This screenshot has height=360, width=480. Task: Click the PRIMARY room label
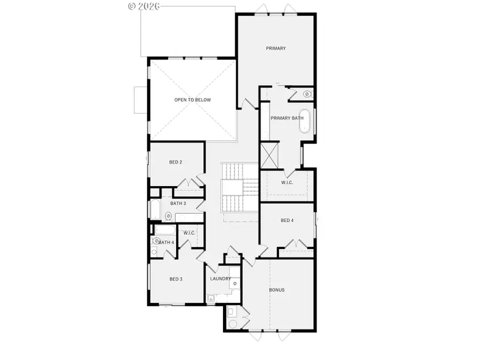pyautogui.click(x=276, y=49)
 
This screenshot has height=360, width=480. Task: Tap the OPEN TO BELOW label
pyautogui.click(x=193, y=100)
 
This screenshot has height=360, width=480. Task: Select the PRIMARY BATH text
pyautogui.click(x=287, y=118)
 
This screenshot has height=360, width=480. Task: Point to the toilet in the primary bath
pyautogui.click(x=307, y=94)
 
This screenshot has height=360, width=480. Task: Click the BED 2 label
pyautogui.click(x=176, y=162)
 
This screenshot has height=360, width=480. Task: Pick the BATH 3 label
pyautogui.click(x=178, y=203)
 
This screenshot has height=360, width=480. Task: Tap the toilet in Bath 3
pyautogui.click(x=168, y=217)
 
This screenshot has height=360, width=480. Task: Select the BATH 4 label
pyautogui.click(x=166, y=243)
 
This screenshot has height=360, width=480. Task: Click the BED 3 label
pyautogui.click(x=176, y=279)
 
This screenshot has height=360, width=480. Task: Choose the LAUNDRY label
pyautogui.click(x=220, y=279)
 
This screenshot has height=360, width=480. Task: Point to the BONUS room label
pyautogui.click(x=277, y=290)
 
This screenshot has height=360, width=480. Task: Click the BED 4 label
pyautogui.click(x=287, y=220)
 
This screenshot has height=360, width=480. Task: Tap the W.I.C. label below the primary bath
pyautogui.click(x=287, y=183)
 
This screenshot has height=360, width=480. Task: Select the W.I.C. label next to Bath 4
pyautogui.click(x=190, y=233)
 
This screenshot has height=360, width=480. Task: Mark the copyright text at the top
pyautogui.click(x=144, y=6)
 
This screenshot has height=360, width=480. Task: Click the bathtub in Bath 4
pyautogui.click(x=165, y=230)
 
